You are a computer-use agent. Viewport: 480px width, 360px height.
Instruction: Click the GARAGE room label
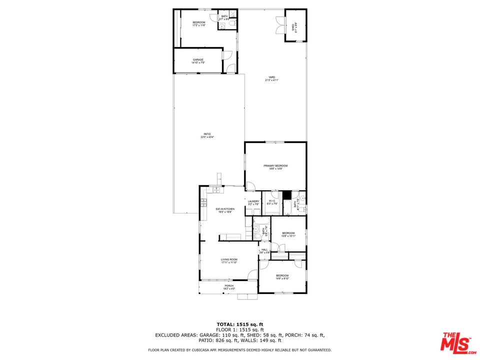[x=198, y=60]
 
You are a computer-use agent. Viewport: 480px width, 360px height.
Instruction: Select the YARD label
[x=271, y=77]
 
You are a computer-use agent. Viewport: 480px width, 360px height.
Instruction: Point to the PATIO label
[x=207, y=134]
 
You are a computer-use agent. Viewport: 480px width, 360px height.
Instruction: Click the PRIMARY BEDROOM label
[x=275, y=166]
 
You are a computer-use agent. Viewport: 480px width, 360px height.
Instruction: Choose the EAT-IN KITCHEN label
[x=225, y=209]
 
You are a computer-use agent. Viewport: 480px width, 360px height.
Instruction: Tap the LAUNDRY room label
[x=253, y=201]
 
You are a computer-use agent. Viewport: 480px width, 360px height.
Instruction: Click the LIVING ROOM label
[x=229, y=259]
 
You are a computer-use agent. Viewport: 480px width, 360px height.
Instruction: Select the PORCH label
[x=229, y=286]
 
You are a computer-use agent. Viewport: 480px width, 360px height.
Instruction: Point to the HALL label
[x=264, y=249]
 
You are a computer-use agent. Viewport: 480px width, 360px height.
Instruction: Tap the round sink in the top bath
[x=221, y=23]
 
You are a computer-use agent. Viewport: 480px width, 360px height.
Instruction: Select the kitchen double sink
[x=216, y=190]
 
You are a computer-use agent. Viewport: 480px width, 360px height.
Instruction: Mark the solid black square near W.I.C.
[x=286, y=195]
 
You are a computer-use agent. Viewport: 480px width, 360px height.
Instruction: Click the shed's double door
[x=279, y=26]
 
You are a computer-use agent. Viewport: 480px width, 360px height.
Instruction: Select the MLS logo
[x=456, y=342]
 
